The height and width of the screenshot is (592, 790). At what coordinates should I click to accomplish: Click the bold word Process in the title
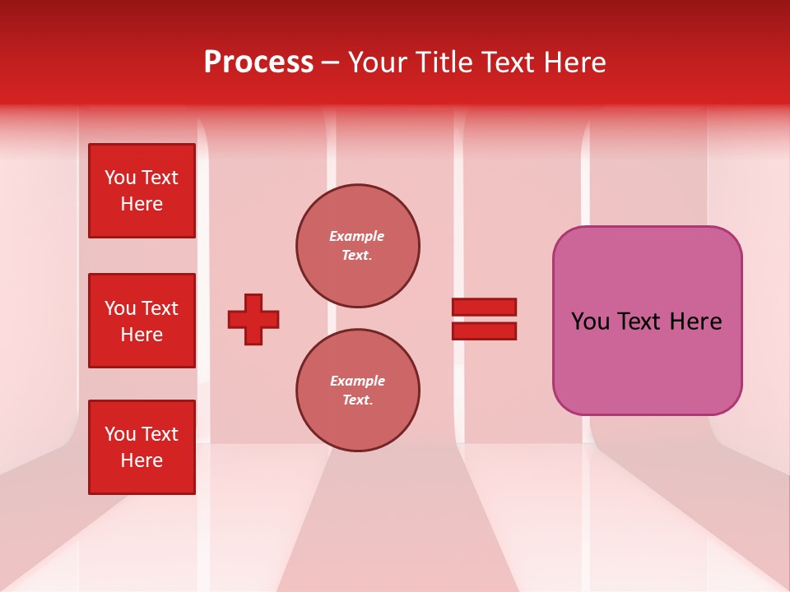258,62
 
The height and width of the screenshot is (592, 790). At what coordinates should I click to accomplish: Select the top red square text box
142,191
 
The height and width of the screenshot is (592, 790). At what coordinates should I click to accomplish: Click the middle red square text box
142,321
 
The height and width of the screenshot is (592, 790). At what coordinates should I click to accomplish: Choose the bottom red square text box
142,447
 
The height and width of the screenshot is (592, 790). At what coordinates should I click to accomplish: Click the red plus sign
253,319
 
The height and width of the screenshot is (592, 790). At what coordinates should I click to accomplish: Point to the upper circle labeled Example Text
357,246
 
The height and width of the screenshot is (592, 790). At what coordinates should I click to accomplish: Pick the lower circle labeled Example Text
357,391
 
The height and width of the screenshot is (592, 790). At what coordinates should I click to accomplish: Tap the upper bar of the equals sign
484,307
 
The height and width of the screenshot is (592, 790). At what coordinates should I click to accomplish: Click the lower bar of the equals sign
484,331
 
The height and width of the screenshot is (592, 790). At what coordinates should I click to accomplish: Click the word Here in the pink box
695,321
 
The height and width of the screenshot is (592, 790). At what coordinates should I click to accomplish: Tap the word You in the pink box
590,321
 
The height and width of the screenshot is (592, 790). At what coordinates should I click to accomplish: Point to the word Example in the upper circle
356,236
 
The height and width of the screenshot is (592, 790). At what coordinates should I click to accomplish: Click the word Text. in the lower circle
357,400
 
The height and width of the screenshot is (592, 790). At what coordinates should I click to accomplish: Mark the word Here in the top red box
142,204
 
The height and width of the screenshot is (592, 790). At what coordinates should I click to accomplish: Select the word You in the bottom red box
120,434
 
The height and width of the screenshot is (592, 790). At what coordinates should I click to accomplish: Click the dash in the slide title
330,62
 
